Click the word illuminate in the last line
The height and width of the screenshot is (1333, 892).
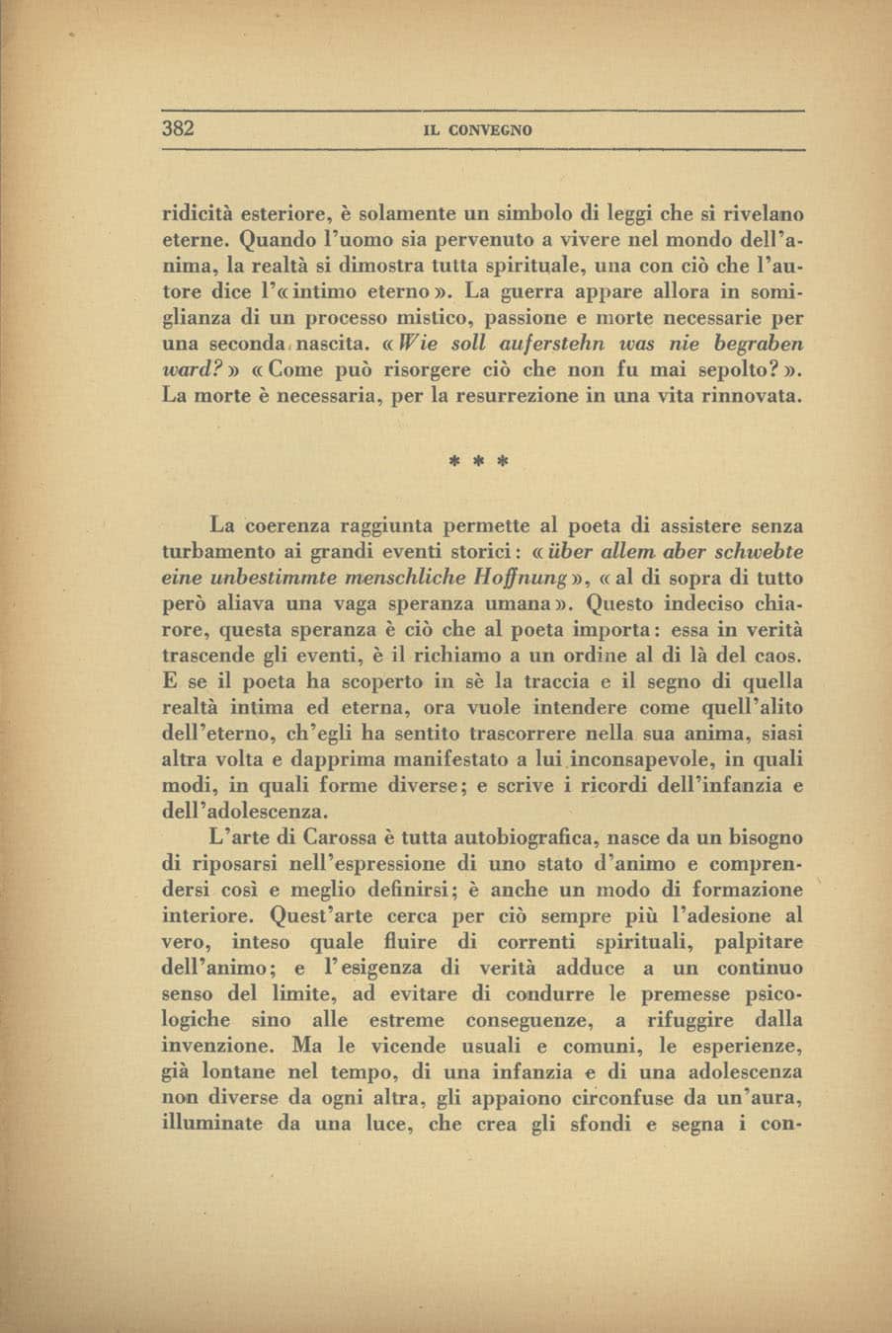[x=213, y=1123]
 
